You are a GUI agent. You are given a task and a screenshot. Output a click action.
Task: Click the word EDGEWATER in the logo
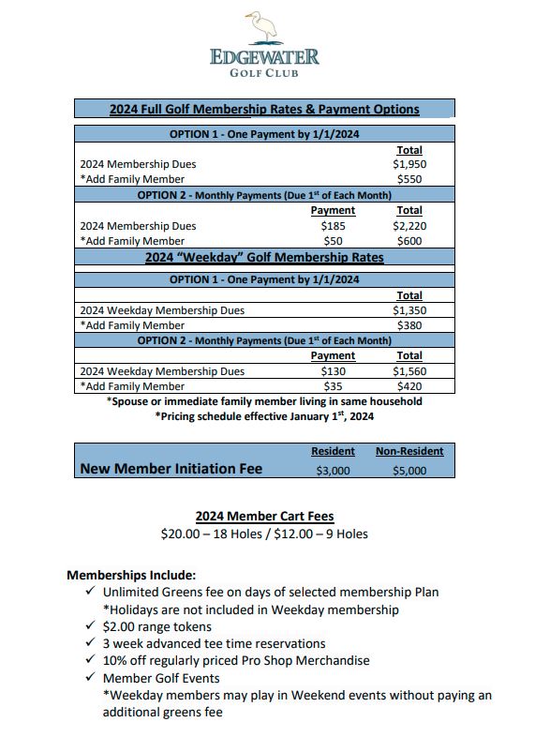tap(265, 57)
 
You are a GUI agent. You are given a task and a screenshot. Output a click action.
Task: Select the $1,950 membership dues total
tap(409, 164)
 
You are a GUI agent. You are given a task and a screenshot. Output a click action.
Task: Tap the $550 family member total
tap(409, 179)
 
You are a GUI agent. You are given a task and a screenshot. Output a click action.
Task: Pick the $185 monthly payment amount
tap(333, 226)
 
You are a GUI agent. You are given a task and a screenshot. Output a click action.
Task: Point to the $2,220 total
tap(409, 226)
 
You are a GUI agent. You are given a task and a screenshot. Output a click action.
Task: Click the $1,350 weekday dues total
tap(409, 310)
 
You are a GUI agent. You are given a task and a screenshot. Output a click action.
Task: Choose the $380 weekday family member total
tap(409, 325)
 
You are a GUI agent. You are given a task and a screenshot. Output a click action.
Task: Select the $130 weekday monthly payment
tap(333, 371)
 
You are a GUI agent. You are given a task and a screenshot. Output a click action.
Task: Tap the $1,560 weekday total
tap(409, 371)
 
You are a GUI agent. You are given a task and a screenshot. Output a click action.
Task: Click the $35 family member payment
tap(333, 386)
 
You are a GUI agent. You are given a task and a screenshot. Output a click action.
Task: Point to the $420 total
tap(409, 386)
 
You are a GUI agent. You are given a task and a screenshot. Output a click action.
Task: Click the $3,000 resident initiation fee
tap(333, 470)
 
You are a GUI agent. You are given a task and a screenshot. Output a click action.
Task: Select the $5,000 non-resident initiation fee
tap(409, 470)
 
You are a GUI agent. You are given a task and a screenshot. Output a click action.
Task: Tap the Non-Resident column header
tap(409, 451)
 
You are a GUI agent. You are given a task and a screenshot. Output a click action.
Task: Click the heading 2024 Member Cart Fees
tap(264, 517)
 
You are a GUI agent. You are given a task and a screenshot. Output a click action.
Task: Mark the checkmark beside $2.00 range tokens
tap(90, 626)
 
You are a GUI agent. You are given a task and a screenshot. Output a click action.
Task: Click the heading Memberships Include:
tap(131, 575)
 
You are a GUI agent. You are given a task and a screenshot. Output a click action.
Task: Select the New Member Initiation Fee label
tap(171, 469)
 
